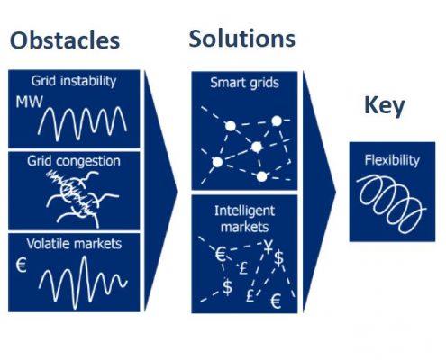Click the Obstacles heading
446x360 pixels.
65,40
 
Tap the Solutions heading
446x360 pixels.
242,39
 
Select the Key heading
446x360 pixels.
385,106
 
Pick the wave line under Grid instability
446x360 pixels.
82,123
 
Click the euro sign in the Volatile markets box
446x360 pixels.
21,265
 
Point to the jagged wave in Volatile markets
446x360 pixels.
83,283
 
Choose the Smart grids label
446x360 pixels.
244,83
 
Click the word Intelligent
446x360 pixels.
244,211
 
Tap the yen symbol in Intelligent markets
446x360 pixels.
269,247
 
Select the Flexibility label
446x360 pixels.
392,160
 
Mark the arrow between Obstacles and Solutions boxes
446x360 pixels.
161,192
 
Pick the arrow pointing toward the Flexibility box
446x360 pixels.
319,192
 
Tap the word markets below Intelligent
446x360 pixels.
244,227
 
